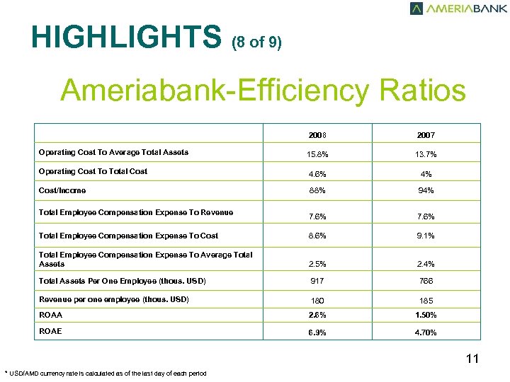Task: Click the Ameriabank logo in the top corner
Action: click(x=458, y=8)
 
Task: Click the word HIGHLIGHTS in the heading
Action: click(x=127, y=37)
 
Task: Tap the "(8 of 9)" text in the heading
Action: click(x=256, y=42)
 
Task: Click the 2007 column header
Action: click(x=426, y=135)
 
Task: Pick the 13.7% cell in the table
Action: click(x=426, y=154)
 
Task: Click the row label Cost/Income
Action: click(x=62, y=190)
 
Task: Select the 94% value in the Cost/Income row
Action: click(x=426, y=191)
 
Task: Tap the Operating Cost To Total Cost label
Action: click(x=93, y=171)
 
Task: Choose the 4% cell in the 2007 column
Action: click(x=426, y=173)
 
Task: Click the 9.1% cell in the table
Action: click(x=426, y=236)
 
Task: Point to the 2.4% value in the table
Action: click(x=426, y=264)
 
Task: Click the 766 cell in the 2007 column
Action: click(x=426, y=282)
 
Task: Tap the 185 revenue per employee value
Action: click(x=426, y=301)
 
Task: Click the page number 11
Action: click(x=472, y=359)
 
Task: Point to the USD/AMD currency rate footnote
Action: click(x=106, y=374)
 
